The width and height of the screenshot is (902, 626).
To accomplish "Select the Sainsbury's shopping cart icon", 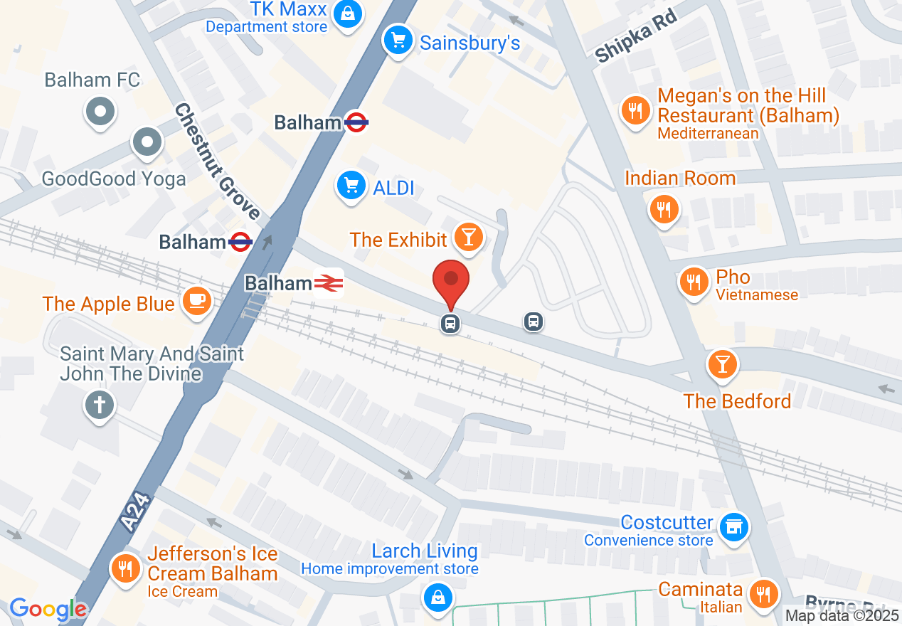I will pos(397,40).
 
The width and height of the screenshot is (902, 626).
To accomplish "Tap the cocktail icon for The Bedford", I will pos(723,364).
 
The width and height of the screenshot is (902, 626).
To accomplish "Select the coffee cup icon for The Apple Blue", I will pos(197,301).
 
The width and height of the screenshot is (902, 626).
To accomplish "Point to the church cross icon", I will pos(100,405).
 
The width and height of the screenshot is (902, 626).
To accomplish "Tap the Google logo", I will pos(48,609).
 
